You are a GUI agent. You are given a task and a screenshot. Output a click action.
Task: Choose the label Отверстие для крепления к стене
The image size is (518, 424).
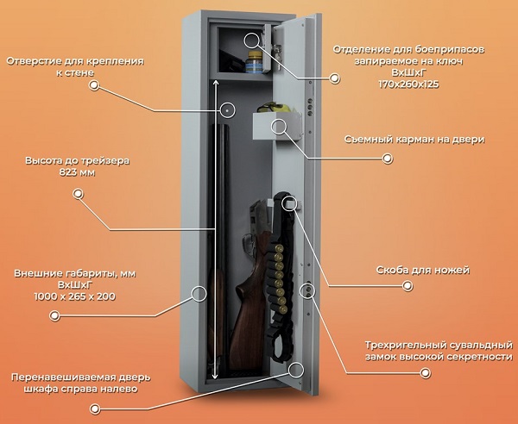pos(74,68)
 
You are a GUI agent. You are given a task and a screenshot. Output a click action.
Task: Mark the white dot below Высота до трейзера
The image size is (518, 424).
pos(77,194)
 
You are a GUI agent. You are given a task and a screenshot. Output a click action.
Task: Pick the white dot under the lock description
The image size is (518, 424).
pos(425,373)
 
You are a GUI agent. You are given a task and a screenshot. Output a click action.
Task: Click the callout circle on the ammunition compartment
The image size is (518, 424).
pos(251,39)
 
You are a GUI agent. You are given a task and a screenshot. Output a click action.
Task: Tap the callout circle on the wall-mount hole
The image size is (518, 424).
pos(228,109)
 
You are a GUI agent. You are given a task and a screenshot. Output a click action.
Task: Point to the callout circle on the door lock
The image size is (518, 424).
pos(306,290)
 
